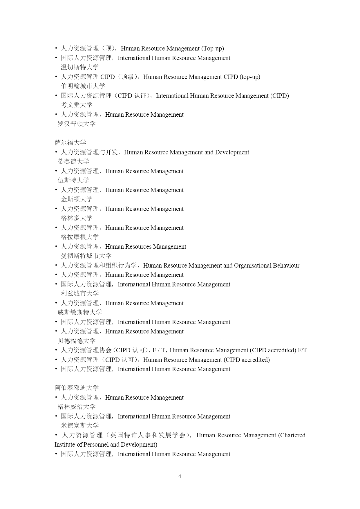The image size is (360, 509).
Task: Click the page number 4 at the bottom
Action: pos(180,476)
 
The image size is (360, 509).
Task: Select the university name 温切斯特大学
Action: pos(80,67)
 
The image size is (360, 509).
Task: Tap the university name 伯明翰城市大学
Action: pos(83,86)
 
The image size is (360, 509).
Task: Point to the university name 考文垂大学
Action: pos(77,105)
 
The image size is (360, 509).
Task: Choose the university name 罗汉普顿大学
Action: pos(77,124)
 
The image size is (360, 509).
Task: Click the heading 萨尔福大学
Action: pos(70,143)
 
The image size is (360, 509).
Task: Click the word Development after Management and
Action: pos(232,152)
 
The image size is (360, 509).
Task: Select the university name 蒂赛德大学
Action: pos(73,162)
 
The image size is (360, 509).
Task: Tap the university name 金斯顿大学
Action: pos(77,199)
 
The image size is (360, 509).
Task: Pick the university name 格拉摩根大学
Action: pos(80,237)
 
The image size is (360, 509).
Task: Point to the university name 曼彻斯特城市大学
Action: pos(86,256)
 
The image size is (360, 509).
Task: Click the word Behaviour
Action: pos(286,266)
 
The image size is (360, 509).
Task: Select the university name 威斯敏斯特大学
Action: pos(80,313)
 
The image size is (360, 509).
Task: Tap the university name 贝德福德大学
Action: pos(77,341)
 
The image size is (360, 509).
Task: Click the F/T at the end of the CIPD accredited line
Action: pos(302,350)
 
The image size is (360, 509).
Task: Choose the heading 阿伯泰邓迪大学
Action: pos(77,388)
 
